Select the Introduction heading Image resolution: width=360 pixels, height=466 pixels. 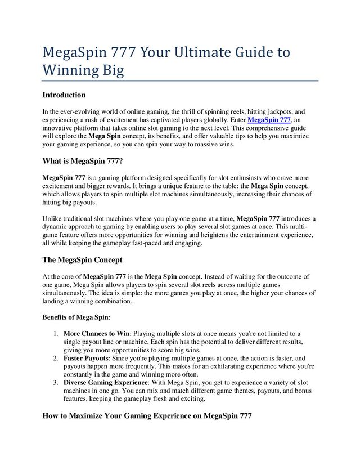(64, 95)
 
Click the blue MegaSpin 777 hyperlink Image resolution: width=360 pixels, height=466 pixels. (269, 120)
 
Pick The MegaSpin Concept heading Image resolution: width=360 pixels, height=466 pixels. (82, 260)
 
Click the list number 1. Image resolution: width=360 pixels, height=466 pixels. (56, 334)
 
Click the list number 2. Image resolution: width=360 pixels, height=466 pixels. (56, 358)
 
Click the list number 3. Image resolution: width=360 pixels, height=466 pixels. (56, 382)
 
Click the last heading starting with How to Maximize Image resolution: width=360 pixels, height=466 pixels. (147, 416)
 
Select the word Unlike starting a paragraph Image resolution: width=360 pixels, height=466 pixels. (53, 219)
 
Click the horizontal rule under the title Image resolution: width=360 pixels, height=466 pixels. (180, 81)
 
